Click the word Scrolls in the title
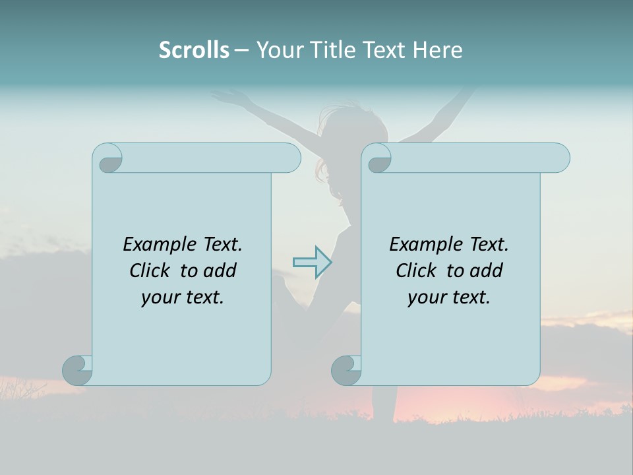[194, 50]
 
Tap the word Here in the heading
[437, 50]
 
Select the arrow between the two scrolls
[312, 262]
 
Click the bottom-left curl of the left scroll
[76, 369]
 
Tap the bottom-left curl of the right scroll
[346, 369]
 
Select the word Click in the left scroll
[151, 270]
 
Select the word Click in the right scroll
[417, 270]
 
